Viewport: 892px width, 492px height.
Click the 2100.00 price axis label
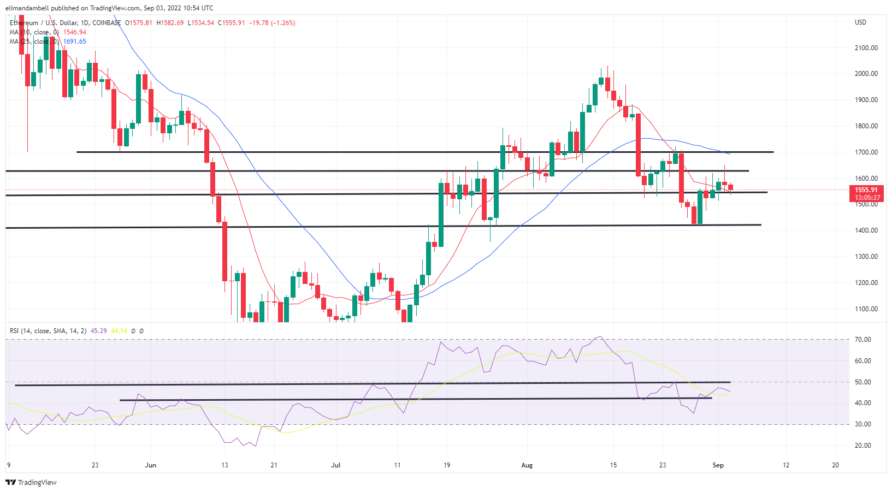tap(866, 48)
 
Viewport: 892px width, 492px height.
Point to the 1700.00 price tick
tap(866, 152)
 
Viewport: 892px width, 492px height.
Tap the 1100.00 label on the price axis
tap(866, 309)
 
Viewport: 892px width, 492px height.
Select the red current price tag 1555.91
tap(867, 190)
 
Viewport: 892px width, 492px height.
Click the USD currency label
tap(860, 22)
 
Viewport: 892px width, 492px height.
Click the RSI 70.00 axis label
tap(863, 340)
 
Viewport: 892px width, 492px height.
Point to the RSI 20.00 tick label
tap(863, 446)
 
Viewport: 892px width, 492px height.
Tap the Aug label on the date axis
tap(527, 465)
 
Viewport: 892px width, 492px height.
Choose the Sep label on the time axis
tap(718, 465)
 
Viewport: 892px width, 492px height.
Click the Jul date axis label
tap(336, 465)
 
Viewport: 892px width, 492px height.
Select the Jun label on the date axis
tap(150, 465)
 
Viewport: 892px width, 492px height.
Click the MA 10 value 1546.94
tap(75, 32)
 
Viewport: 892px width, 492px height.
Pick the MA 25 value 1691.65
tap(75, 42)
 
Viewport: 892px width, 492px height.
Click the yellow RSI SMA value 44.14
tap(119, 331)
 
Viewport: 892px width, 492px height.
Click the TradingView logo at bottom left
tap(31, 483)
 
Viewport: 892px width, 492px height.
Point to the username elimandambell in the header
tap(27, 8)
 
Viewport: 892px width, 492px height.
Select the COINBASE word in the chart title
tap(107, 23)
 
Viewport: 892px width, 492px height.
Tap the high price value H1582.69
tap(170, 23)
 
